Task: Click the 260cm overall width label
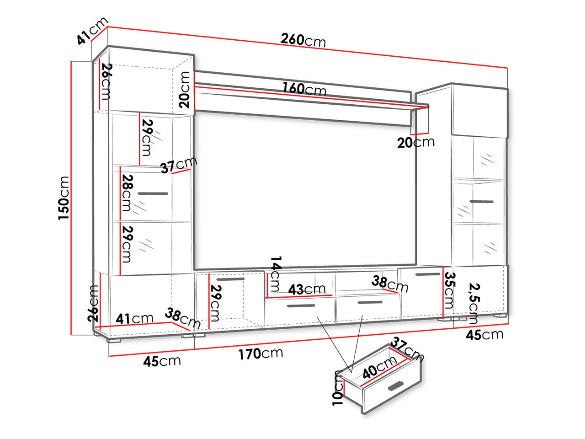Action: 303,40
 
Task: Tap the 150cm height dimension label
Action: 64,198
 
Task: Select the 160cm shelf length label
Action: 304,89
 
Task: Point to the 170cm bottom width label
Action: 261,353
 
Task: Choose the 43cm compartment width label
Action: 307,289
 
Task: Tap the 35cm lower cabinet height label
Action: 449,290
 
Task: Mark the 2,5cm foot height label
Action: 474,303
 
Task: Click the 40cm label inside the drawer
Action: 379,368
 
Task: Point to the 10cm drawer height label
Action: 338,388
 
